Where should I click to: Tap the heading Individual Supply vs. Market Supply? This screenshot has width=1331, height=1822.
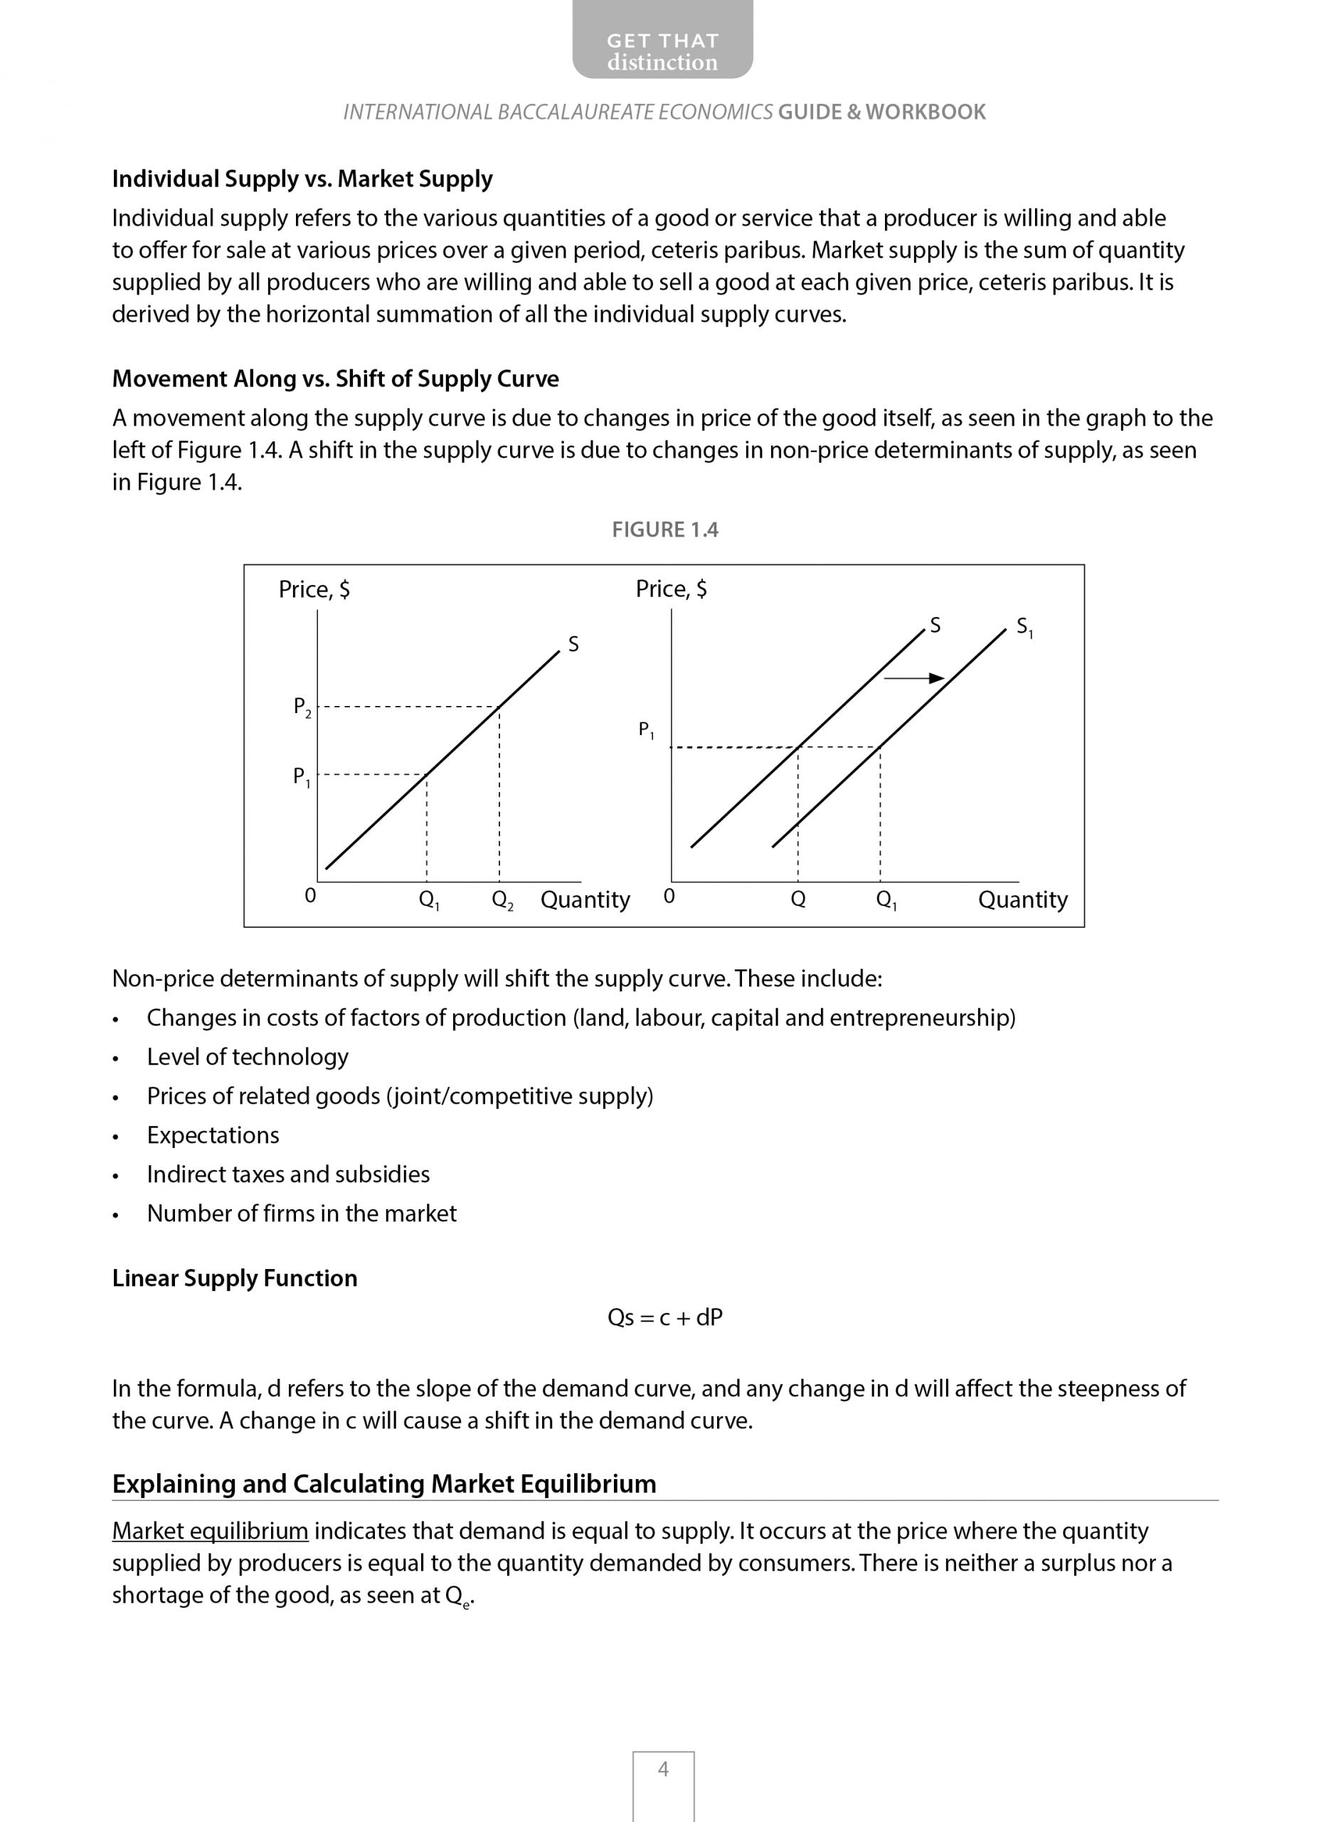point(302,179)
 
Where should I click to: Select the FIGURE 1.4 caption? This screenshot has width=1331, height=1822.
point(664,530)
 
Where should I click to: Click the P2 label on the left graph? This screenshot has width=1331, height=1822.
point(302,707)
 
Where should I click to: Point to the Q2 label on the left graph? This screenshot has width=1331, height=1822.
point(502,900)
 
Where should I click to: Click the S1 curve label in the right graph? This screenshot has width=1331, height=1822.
point(1024,627)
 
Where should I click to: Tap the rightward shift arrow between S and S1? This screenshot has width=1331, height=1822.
point(913,678)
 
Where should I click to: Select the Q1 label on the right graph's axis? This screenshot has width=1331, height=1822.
point(886,900)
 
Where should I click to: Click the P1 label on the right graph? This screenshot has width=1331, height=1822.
point(646,730)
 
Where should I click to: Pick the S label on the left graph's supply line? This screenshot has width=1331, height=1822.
point(573,644)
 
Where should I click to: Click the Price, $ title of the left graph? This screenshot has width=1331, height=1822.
point(314,590)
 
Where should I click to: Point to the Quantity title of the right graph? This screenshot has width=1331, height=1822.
point(1022,900)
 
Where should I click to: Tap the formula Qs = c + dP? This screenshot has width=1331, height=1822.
point(664,1317)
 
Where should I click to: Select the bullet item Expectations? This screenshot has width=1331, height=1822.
point(213,1134)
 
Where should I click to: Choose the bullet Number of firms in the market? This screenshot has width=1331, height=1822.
point(302,1213)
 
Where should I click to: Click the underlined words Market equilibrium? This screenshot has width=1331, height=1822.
point(211,1530)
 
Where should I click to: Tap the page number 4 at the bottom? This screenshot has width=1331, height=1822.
point(663,1769)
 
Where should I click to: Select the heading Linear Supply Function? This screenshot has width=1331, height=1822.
point(235,1278)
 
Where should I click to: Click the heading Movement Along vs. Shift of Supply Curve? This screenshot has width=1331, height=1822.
point(335,379)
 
